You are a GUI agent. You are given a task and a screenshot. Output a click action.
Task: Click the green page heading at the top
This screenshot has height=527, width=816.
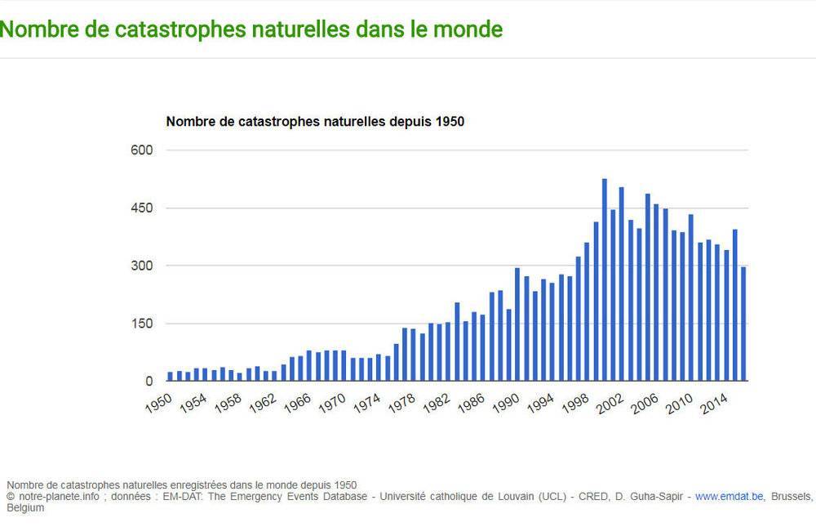(251, 29)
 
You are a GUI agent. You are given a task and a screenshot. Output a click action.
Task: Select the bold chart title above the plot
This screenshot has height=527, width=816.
(315, 122)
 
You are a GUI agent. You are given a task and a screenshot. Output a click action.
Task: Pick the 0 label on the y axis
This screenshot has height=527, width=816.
(149, 382)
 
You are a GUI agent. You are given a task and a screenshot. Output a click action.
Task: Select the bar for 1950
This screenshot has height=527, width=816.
(171, 377)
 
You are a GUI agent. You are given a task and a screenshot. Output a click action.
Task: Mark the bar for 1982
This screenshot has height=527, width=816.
(448, 351)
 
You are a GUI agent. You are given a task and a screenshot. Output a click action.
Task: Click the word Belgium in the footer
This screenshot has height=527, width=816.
(25, 507)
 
